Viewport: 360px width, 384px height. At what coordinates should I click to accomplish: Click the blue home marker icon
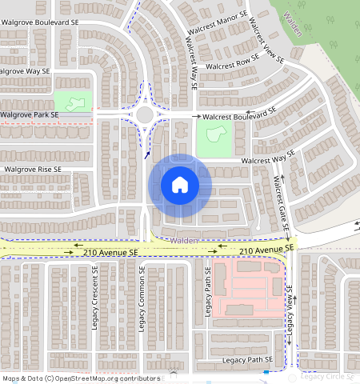tap(180, 185)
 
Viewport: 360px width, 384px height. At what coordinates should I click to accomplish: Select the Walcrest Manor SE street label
tap(215, 18)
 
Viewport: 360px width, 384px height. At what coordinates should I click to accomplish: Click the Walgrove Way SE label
tap(26, 71)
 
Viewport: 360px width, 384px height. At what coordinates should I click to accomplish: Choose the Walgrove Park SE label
tap(31, 115)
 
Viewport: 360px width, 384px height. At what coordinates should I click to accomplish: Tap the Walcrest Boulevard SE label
tap(239, 115)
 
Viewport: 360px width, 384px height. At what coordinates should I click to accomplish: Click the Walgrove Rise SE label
tap(33, 170)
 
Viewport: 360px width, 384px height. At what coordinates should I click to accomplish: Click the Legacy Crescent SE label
tap(94, 300)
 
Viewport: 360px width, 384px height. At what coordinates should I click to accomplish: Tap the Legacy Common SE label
tap(142, 300)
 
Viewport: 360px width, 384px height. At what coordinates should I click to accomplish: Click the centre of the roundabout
tap(145, 114)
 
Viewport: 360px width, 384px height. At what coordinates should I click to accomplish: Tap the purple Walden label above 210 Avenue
tap(184, 240)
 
